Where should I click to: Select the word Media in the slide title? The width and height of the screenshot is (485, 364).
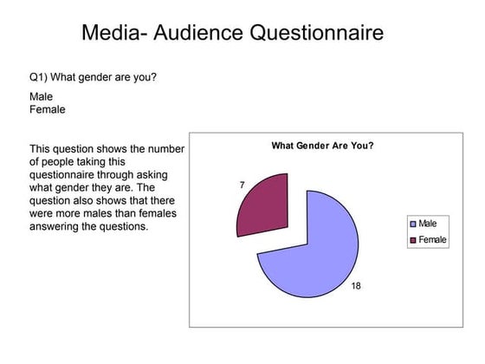107,34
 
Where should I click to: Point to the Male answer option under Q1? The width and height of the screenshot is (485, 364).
41,97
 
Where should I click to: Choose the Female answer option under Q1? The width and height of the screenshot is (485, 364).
48,110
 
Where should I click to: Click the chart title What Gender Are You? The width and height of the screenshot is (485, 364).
323,146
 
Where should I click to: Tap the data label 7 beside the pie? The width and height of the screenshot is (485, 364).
242,185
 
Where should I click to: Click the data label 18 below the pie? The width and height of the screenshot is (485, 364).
356,285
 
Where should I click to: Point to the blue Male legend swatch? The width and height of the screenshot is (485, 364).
413,224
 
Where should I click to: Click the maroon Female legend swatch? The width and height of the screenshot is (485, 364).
413,239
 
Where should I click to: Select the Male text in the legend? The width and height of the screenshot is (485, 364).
428,224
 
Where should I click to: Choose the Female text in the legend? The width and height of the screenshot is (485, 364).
433,239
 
